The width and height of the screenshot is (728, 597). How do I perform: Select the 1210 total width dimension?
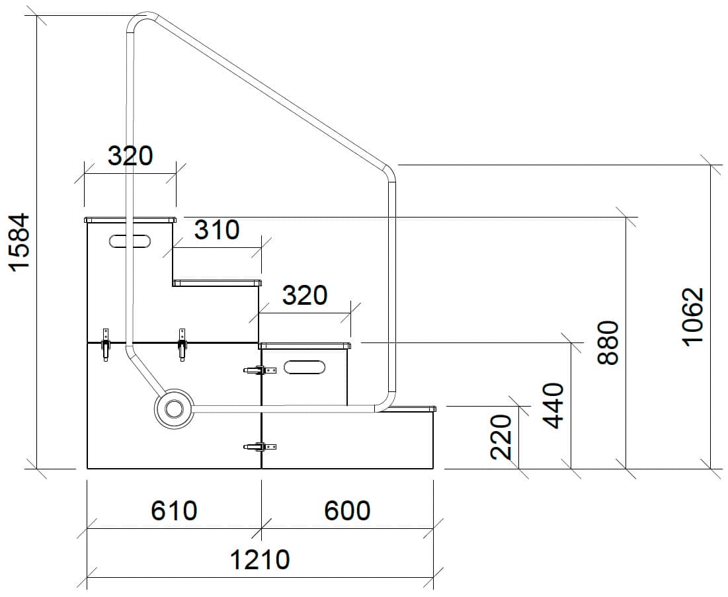[x=259, y=560]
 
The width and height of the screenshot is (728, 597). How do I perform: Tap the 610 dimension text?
[x=174, y=510]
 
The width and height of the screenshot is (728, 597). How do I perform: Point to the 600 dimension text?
[x=347, y=510]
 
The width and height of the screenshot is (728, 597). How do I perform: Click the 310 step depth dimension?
[x=216, y=230]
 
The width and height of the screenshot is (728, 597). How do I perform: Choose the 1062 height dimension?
[x=692, y=316]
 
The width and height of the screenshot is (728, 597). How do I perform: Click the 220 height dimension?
[x=502, y=436]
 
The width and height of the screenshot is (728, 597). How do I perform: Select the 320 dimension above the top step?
[x=130, y=156]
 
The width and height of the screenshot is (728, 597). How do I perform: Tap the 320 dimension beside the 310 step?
[x=304, y=296]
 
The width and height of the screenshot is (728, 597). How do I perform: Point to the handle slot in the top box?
[x=130, y=241]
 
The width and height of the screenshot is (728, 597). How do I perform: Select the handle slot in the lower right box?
[x=304, y=367]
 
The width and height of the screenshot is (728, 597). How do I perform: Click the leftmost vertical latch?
[x=105, y=344]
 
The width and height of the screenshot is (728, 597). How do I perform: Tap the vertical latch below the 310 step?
[x=182, y=344]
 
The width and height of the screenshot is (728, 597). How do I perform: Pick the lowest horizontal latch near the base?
[x=260, y=448]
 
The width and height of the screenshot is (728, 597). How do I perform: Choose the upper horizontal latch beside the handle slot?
[x=260, y=371]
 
